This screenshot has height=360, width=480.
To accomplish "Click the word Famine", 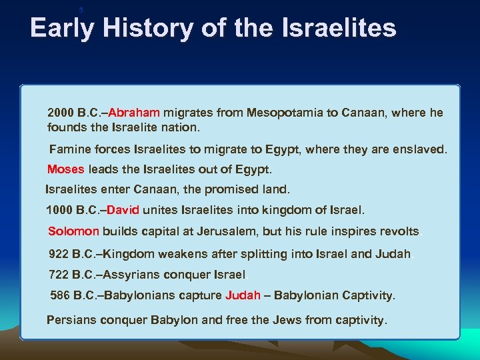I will tap(71, 150).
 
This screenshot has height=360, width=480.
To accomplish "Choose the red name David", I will tap(123, 211).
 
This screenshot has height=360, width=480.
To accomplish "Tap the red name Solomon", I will tap(73, 232).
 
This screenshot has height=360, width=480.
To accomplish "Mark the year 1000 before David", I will tap(59, 211).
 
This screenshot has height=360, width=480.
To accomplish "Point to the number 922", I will tap(59, 254).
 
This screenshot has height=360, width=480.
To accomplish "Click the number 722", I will tap(59, 275).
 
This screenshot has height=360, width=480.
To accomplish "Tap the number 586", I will tap(61, 295).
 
